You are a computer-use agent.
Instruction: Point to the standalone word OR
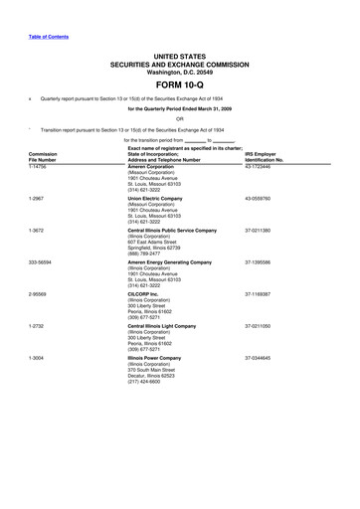coord(180,118)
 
